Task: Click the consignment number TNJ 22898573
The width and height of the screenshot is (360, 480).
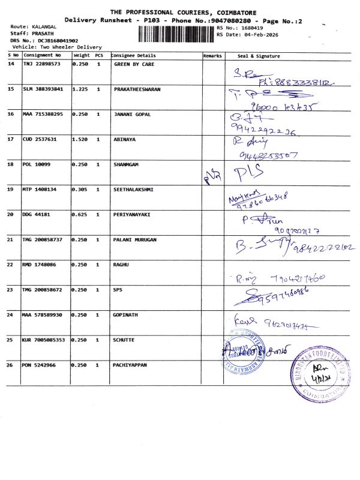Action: tap(42, 64)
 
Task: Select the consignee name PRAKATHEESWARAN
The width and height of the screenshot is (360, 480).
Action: tap(137, 89)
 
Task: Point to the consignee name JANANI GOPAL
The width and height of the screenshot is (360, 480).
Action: tap(132, 114)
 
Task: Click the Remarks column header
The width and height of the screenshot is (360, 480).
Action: tap(212, 56)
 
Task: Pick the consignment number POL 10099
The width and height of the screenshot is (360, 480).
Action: tap(37, 164)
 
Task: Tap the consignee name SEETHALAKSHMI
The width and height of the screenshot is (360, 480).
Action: tap(133, 189)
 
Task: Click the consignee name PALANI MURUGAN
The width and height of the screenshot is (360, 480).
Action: tap(135, 239)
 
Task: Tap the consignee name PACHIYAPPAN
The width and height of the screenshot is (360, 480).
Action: tap(131, 364)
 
